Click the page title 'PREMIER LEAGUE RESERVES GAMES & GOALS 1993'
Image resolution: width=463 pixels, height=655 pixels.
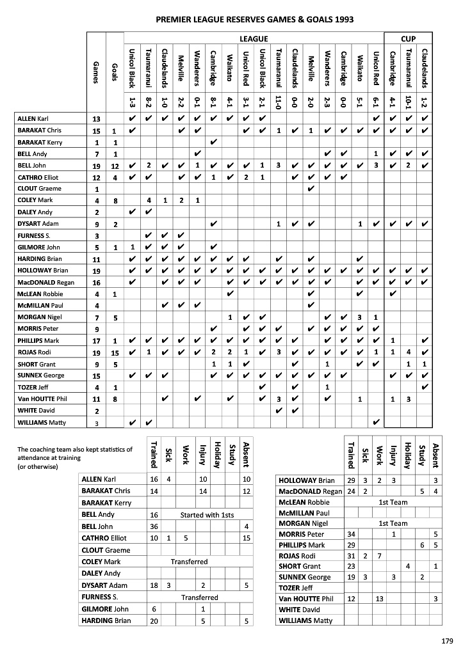[254, 20]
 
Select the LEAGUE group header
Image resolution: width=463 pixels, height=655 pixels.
[253, 38]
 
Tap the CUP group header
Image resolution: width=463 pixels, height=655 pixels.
[408, 38]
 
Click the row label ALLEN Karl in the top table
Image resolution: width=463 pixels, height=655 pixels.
[34, 119]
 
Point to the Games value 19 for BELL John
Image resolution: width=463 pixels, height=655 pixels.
[97, 166]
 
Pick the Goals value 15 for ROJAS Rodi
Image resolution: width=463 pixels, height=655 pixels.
[115, 352]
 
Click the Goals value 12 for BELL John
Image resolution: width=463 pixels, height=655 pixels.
[115, 166]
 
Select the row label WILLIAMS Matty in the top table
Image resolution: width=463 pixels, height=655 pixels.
[41, 422]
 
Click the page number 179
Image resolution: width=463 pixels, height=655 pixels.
[447, 640]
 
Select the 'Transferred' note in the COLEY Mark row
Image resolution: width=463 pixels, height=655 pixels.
[190, 562]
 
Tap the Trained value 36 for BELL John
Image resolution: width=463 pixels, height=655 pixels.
[154, 526]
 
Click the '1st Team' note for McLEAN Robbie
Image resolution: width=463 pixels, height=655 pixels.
[393, 503]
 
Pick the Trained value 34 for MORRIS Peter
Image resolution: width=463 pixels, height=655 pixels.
[351, 534]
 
